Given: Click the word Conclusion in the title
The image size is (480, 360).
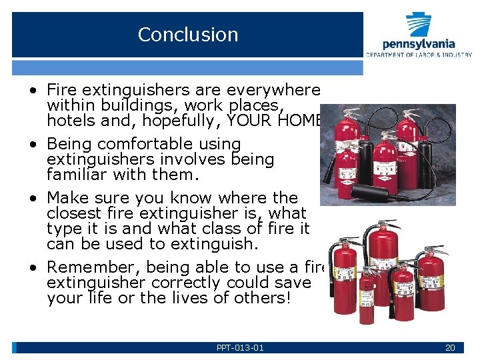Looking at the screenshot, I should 187,35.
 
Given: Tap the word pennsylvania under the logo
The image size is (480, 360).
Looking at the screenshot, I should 418,44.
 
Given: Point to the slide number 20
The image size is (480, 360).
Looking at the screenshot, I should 450,347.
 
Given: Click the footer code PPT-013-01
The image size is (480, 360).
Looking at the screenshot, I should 240,347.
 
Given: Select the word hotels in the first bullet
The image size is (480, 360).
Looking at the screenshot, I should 67,121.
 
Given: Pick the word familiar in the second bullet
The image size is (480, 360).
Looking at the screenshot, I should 73,175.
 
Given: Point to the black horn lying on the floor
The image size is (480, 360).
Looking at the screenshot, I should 367,194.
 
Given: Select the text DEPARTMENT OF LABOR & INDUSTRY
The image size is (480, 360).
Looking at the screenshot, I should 418,54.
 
